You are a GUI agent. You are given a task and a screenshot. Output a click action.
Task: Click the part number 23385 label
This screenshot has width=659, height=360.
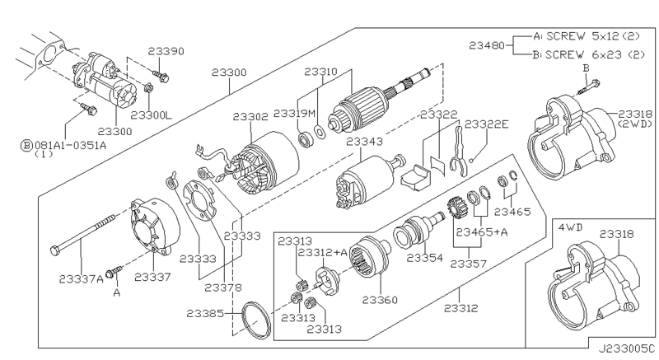click(205, 313)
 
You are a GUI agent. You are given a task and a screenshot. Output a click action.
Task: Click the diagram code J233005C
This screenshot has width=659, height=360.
click(627, 349)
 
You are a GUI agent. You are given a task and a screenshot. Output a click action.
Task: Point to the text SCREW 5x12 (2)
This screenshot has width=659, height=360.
click(593, 36)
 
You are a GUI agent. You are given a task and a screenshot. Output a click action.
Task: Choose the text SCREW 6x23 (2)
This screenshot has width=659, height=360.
click(595, 55)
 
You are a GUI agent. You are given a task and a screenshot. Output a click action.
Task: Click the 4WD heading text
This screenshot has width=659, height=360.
click(570, 227)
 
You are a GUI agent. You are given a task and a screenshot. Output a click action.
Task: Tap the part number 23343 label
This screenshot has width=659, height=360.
click(364, 142)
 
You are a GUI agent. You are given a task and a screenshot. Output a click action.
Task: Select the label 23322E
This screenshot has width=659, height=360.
click(486, 124)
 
